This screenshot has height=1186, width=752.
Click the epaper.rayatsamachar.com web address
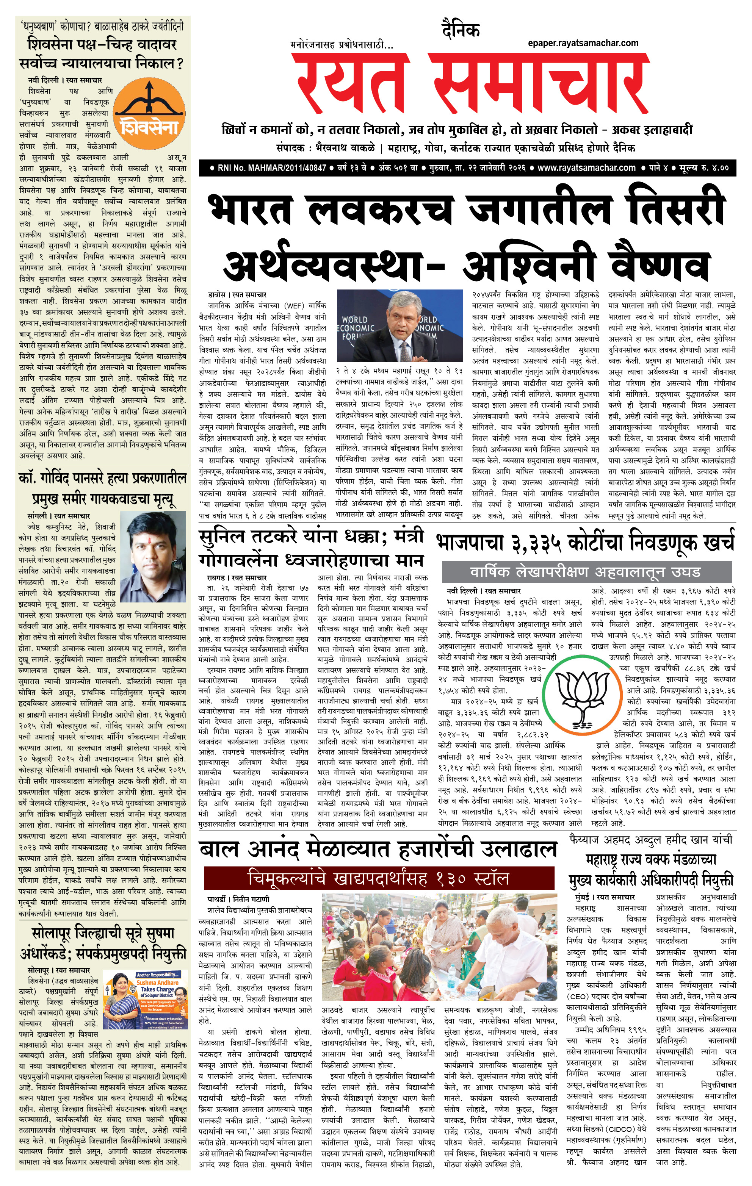583,43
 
